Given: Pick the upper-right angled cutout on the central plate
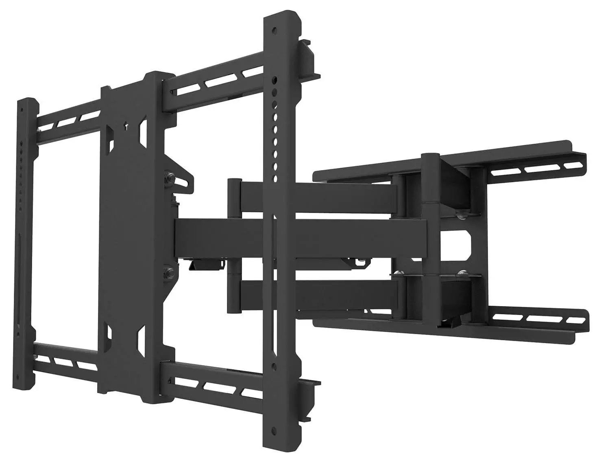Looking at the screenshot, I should click(x=142, y=128).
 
